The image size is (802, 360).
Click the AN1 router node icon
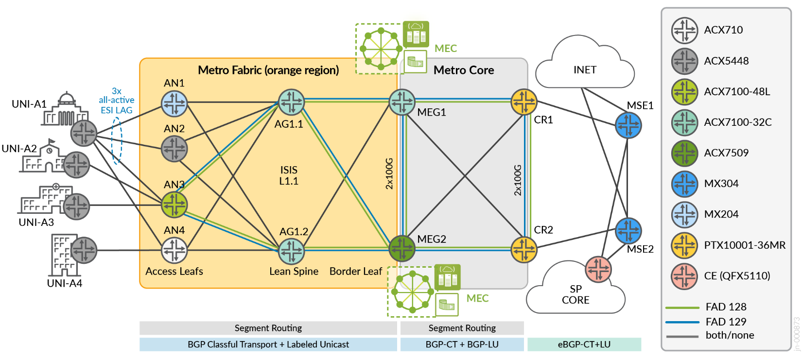[174, 103]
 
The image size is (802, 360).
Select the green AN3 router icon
[174, 205]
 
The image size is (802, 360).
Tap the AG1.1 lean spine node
[291, 102]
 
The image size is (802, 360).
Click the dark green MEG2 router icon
[402, 248]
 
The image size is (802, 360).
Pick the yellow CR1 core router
[523, 102]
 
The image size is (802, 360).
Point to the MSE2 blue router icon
[628, 231]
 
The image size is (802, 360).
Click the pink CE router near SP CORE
[598, 269]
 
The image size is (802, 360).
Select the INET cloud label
[585, 70]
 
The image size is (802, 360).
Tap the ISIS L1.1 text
[289, 175]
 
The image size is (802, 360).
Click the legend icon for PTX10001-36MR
[684, 245]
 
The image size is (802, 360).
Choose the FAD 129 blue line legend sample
[682, 322]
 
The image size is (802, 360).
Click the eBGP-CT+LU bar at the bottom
[584, 344]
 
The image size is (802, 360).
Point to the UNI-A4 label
[65, 283]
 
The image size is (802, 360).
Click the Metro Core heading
[464, 70]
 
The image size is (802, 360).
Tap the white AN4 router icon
[174, 250]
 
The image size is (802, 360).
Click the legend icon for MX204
[684, 214]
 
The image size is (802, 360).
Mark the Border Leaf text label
[355, 272]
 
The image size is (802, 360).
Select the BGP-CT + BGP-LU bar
[462, 344]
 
